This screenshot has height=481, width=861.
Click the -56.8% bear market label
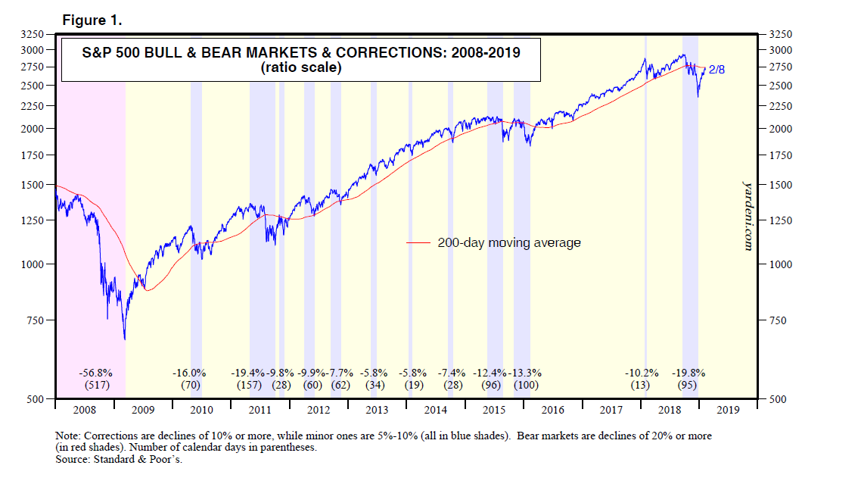click(x=96, y=373)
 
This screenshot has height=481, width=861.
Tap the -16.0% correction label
click(x=189, y=373)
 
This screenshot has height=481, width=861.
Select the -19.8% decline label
click(x=688, y=373)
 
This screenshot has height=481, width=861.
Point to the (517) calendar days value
click(x=96, y=385)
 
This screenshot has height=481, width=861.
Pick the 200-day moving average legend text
click(x=508, y=243)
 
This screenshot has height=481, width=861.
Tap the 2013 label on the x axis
click(x=376, y=410)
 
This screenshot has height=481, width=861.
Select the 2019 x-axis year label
click(x=728, y=410)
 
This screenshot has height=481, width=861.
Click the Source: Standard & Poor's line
click(x=119, y=459)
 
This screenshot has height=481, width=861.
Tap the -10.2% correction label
click(x=642, y=373)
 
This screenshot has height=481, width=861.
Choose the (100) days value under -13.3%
click(x=527, y=385)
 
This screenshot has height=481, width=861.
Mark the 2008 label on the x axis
click(x=83, y=410)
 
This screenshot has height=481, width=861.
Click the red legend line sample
click(x=418, y=243)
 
